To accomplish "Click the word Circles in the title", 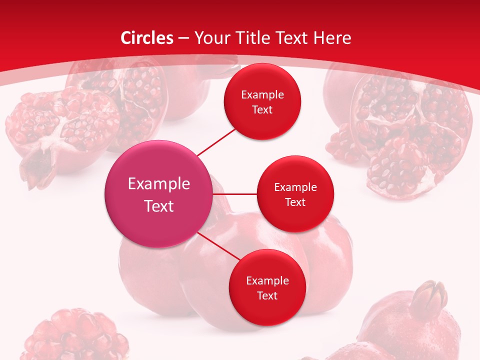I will [x=146, y=38].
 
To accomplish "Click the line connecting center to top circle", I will [x=216, y=141].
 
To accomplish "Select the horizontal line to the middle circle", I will [x=235, y=194].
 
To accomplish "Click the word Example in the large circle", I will [x=159, y=184].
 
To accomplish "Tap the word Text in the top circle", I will [x=262, y=109].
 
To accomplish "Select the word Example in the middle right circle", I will [x=295, y=187].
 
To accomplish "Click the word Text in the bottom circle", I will [x=267, y=295].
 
